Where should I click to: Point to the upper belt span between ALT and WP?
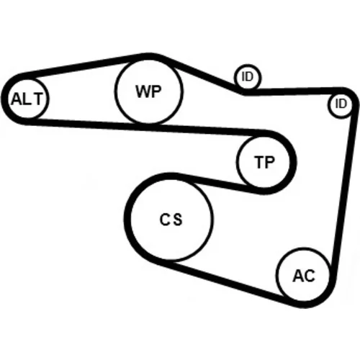click(81, 65)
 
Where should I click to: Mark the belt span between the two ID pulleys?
click(294, 91)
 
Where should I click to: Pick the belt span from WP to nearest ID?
click(202, 74)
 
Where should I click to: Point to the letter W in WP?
click(141, 91)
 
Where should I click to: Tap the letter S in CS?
click(178, 220)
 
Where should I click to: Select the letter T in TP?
click(258, 162)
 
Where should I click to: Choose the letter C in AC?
click(310, 276)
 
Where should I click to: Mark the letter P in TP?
click(269, 162)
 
